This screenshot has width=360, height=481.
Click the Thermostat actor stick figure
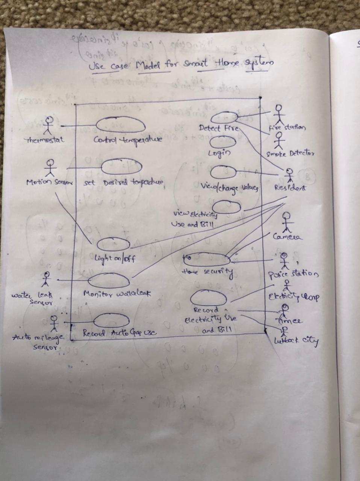(x=48, y=126)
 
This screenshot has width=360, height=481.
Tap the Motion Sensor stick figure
(x=50, y=168)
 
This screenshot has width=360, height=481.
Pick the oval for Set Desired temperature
(x=121, y=167)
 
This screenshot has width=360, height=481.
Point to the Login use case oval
(x=223, y=142)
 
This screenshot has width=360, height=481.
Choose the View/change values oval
(x=223, y=172)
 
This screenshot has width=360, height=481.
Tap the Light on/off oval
(x=113, y=245)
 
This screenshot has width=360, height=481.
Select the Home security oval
(x=207, y=259)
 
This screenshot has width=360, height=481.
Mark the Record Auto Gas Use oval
(x=111, y=321)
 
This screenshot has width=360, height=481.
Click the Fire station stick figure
(x=278, y=113)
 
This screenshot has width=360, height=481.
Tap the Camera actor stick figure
(x=287, y=222)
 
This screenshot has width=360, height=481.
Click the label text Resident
(x=290, y=188)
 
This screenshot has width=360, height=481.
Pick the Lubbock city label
(x=296, y=342)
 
